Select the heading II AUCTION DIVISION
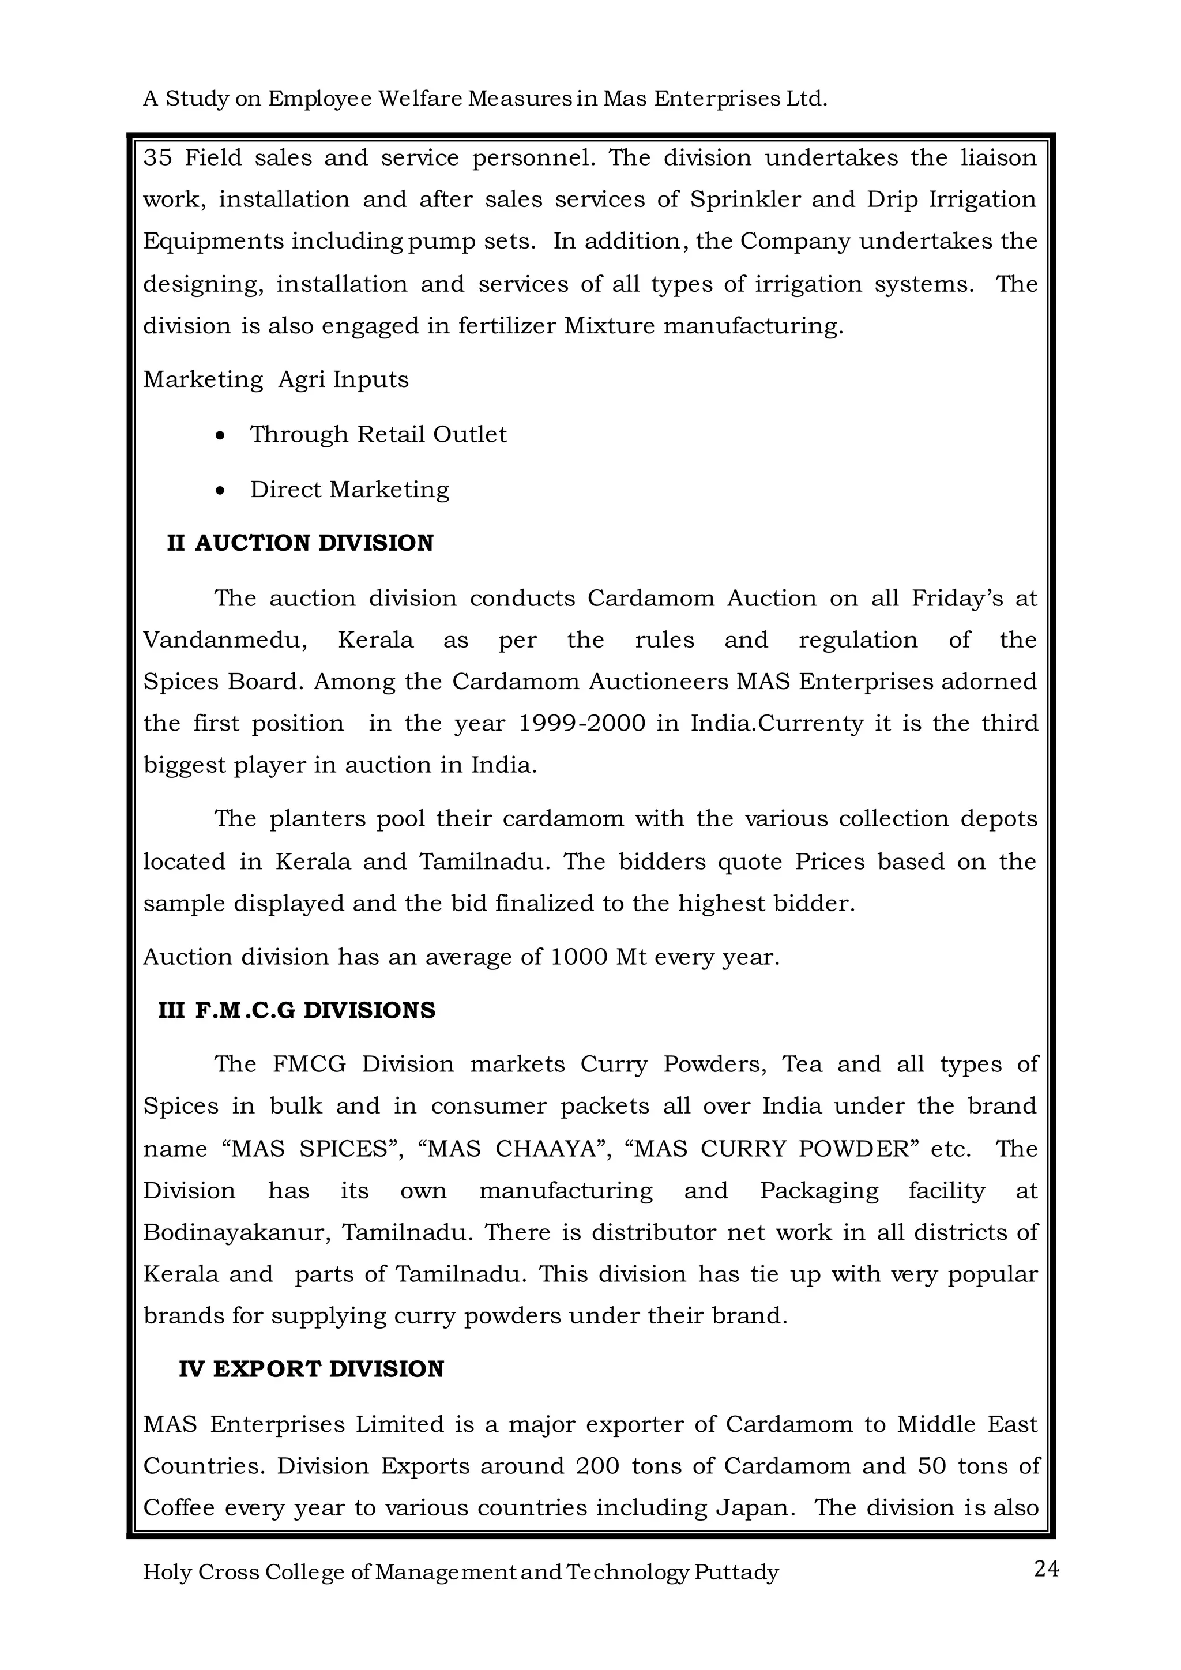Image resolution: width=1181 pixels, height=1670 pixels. [300, 543]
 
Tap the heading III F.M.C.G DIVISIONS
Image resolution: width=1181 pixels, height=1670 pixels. [297, 1010]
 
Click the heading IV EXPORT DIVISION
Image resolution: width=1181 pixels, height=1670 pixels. [311, 1369]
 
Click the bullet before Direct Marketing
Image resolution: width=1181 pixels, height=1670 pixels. [220, 491]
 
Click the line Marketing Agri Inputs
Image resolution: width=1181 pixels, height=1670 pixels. [276, 379]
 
